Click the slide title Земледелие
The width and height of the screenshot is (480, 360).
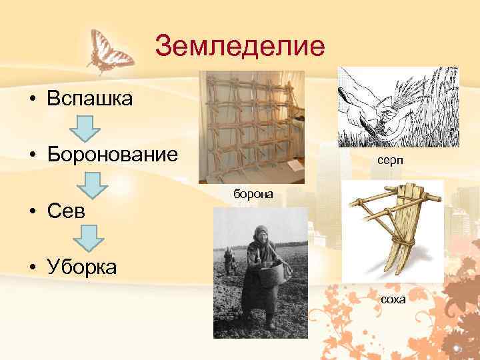pos(239,46)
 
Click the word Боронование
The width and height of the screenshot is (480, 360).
pos(112,155)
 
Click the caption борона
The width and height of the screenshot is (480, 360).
pos(253,193)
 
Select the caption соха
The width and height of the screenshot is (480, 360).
pos(393,299)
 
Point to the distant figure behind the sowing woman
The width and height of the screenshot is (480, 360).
pos(229,260)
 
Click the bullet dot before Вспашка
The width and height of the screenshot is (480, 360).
pos(32,100)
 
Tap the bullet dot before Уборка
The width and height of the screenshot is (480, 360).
pos(32,267)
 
